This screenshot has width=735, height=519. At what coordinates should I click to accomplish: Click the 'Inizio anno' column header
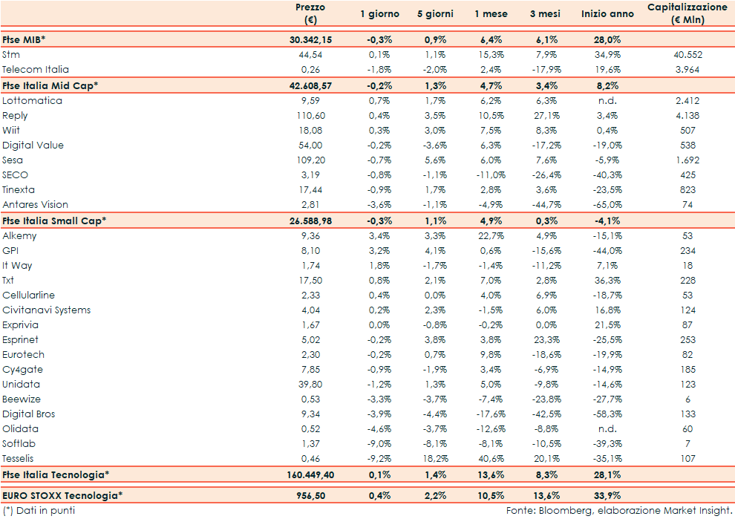point(607,14)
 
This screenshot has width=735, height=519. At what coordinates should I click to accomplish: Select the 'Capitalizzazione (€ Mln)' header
point(687,14)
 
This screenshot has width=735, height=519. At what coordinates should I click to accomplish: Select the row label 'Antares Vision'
point(35,204)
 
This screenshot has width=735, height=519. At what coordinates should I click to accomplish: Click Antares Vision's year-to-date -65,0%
point(607,204)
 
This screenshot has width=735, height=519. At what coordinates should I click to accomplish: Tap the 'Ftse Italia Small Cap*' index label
point(55,221)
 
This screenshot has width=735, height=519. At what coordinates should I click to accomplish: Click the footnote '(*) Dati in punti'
point(39,511)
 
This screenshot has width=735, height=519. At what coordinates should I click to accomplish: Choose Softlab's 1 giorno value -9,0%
point(379,443)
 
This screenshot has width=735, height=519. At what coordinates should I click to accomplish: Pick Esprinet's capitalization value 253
point(687,339)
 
